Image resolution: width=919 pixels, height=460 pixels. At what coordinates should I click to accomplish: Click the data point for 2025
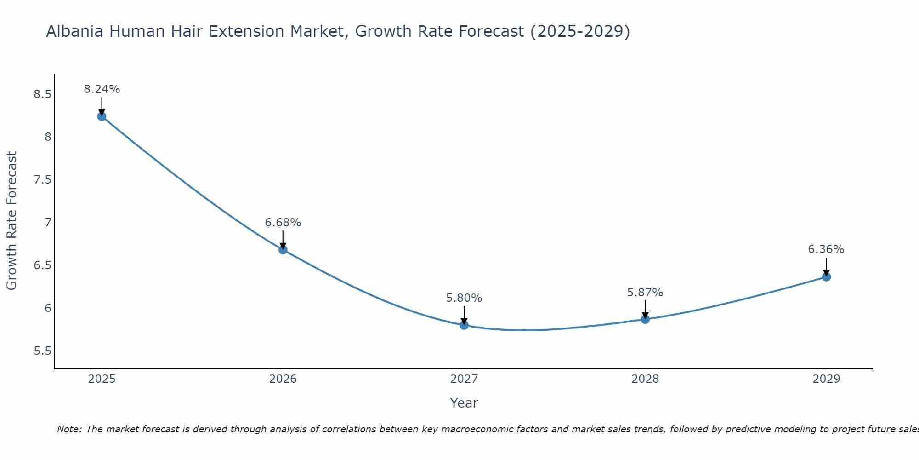click(102, 116)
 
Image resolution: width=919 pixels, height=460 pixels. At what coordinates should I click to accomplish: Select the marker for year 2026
click(283, 250)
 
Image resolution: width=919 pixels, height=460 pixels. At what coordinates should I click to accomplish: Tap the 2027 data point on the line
click(464, 325)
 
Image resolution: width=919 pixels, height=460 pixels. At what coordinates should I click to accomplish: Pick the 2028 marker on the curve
click(645, 319)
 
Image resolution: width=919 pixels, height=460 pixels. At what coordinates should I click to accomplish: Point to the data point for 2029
click(826, 277)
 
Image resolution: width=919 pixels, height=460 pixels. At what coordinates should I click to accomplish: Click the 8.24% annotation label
click(102, 89)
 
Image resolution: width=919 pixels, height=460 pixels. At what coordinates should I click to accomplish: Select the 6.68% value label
click(283, 223)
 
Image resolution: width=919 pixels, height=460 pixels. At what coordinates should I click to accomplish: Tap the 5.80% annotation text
click(464, 298)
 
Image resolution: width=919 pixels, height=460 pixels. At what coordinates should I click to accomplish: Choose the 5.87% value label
click(645, 293)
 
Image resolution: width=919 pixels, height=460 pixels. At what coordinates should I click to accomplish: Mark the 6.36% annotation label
click(826, 249)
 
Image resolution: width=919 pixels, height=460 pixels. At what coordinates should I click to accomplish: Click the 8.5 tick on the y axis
click(42, 94)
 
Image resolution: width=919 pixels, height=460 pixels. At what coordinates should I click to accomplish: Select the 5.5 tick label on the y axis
click(42, 351)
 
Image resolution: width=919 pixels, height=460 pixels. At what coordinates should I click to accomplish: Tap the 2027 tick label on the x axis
click(464, 379)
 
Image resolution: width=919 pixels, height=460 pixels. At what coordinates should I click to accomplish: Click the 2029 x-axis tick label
click(826, 379)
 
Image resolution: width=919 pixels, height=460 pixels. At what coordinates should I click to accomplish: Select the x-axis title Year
click(464, 403)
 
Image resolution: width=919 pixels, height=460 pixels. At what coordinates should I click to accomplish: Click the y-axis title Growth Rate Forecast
click(12, 221)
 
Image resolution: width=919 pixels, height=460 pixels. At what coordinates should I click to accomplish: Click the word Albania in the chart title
click(74, 31)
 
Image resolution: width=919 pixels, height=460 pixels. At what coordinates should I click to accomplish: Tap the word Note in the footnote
click(68, 429)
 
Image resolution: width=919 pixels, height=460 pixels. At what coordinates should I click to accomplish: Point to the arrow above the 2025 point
click(102, 106)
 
